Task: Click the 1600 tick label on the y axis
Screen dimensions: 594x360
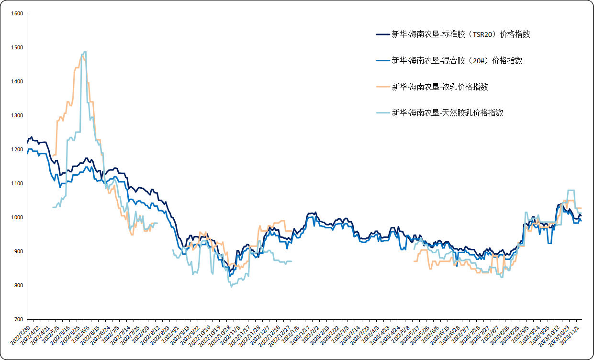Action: pos(17,13)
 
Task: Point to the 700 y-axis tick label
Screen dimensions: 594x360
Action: pos(19,319)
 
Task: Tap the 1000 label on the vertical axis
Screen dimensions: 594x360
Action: pos(17,217)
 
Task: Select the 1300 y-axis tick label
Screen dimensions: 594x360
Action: pos(17,115)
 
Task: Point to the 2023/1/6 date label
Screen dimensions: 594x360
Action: pos(291,335)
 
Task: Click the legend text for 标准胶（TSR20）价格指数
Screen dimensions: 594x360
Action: pos(461,34)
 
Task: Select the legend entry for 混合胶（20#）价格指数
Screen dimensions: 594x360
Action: pos(457,60)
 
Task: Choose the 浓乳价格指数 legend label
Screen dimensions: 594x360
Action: pos(440,87)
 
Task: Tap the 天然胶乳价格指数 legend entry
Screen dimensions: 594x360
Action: pos(448,113)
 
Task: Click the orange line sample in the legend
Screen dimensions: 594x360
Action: pos(383,87)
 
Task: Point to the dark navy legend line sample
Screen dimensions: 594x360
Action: pos(383,34)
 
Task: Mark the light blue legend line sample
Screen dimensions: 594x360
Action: pos(383,113)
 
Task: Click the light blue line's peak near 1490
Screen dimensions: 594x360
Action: pos(85,52)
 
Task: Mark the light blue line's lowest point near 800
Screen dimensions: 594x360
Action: pos(231,287)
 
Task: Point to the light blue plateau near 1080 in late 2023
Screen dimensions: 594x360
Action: pos(571,190)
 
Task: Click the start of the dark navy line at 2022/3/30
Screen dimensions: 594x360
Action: pos(27,143)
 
